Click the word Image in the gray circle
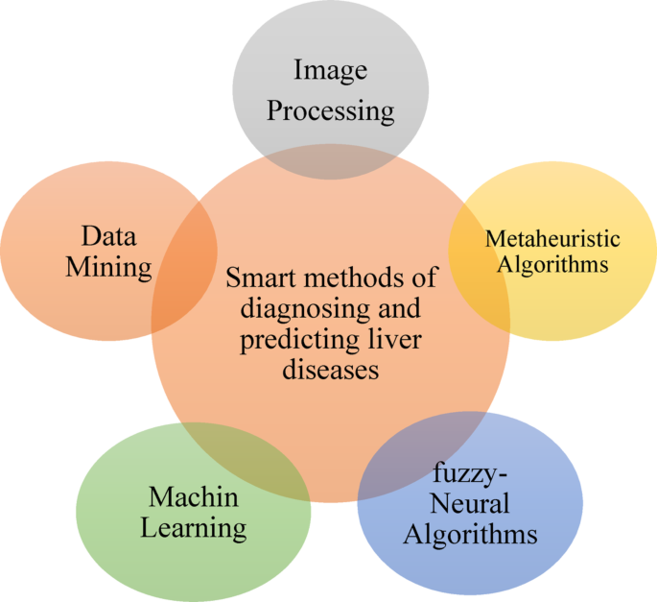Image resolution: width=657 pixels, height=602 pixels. pos(330,70)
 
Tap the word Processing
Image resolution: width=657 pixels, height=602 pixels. pos(330,111)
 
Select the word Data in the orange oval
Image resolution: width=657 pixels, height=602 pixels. pos(108,236)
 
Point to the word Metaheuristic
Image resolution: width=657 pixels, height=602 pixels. pos(552,238)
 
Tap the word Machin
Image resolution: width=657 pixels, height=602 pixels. pos(193,497)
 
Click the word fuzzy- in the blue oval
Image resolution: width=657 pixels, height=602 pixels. pos(468,474)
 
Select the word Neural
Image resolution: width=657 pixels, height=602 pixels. pos(470,503)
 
